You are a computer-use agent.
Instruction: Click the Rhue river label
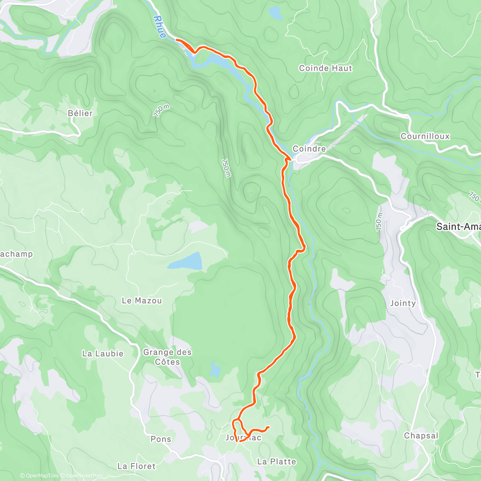pyautogui.click(x=160, y=27)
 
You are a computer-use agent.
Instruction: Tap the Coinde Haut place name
pyautogui.click(x=325, y=68)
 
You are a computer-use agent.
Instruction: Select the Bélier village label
pyautogui.click(x=80, y=113)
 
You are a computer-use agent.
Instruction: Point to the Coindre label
pyautogui.click(x=309, y=149)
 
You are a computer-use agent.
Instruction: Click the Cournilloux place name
pyautogui.click(x=425, y=136)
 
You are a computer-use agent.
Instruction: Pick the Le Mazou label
pyautogui.click(x=141, y=300)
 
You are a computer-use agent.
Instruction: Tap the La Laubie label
pyautogui.click(x=103, y=354)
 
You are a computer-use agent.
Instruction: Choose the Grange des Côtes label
pyautogui.click(x=168, y=357)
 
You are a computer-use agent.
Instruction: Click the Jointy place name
pyautogui.click(x=403, y=303)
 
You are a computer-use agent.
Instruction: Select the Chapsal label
pyautogui.click(x=421, y=436)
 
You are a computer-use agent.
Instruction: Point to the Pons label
pyautogui.click(x=161, y=439)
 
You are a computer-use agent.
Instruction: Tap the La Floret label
pyautogui.click(x=136, y=466)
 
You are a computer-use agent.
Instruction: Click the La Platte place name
pyautogui.click(x=277, y=461)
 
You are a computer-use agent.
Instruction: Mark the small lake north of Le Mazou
pyautogui.click(x=185, y=261)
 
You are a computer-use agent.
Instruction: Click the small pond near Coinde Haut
pyautogui.click(x=275, y=13)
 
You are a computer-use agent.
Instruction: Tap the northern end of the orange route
pyautogui.click(x=177, y=40)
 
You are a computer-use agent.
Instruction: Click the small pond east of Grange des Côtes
pyautogui.click(x=215, y=370)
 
